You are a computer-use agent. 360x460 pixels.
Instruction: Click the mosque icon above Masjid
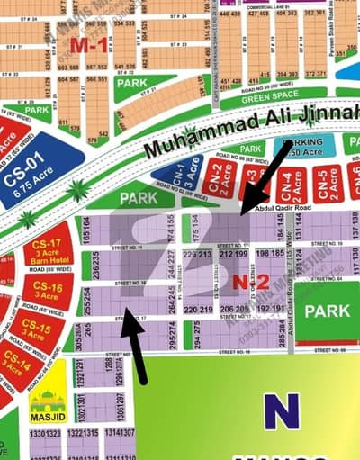pos(44,397)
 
